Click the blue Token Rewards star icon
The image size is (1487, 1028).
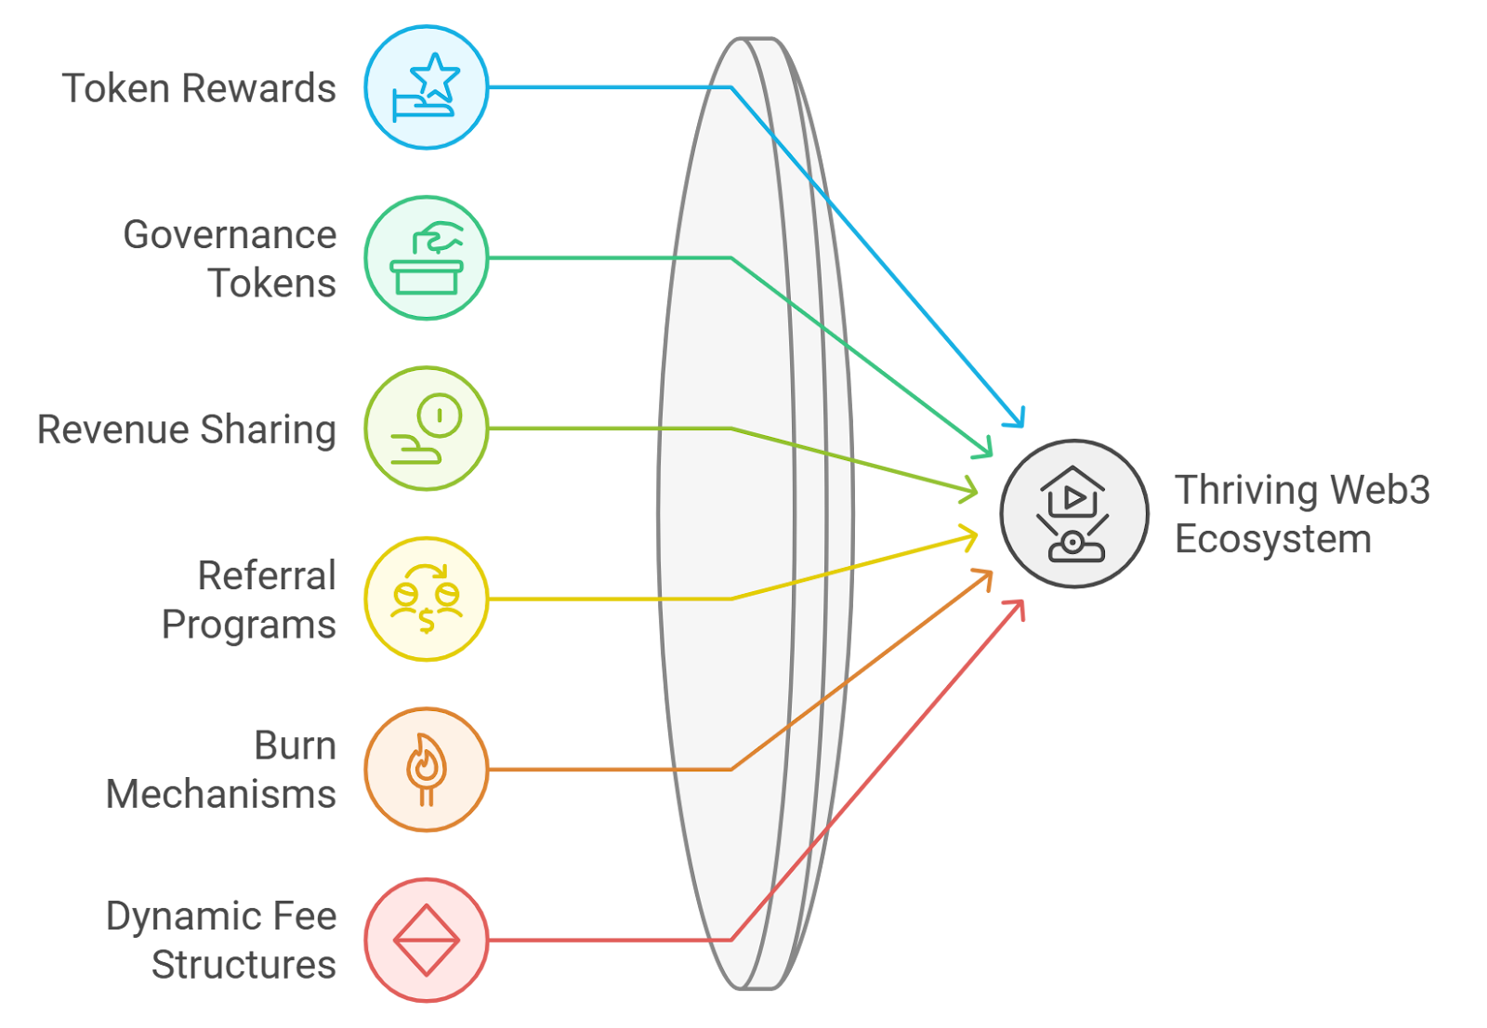pyautogui.click(x=426, y=87)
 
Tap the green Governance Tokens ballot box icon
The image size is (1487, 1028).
pyautogui.click(x=426, y=257)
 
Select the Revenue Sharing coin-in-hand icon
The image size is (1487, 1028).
pyautogui.click(x=426, y=428)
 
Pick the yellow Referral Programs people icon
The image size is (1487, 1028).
pyautogui.click(x=426, y=599)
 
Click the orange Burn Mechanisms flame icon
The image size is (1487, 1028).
pyautogui.click(x=426, y=770)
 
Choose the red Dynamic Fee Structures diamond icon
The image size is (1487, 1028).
pyautogui.click(x=426, y=940)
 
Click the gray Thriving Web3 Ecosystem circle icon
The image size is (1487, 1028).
pyautogui.click(x=1074, y=514)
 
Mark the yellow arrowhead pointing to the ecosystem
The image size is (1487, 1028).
pyautogui.click(x=970, y=537)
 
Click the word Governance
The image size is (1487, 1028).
pyautogui.click(x=230, y=234)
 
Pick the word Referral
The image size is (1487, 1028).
pyautogui.click(x=267, y=576)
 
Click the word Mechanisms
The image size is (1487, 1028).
pyautogui.click(x=221, y=795)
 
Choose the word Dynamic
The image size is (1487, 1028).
pyautogui.click(x=176, y=917)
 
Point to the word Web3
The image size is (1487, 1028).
pyautogui.click(x=1379, y=490)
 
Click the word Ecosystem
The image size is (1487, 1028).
pyautogui.click(x=1272, y=540)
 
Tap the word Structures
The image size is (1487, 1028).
pyautogui.click(x=243, y=965)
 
